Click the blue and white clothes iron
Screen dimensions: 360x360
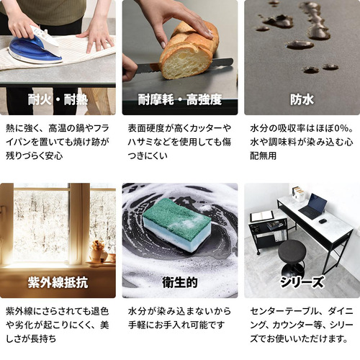(x=36, y=45)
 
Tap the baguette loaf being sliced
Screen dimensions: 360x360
(x=189, y=52)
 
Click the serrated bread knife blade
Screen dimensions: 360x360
(x=185, y=66)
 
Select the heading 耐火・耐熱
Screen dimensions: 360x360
(x=58, y=99)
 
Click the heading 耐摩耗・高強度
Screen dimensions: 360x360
(x=180, y=99)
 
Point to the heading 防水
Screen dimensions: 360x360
(x=302, y=99)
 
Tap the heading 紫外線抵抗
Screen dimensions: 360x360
(x=58, y=282)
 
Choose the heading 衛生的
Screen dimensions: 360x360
(x=180, y=282)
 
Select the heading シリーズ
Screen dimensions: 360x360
(x=302, y=282)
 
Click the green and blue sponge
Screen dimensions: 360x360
(x=177, y=225)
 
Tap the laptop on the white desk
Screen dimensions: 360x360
(x=313, y=207)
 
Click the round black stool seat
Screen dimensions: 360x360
(x=292, y=252)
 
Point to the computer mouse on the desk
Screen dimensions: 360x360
(x=323, y=221)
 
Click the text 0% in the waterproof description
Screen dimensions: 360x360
(x=342, y=128)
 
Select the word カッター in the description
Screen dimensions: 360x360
(x=206, y=128)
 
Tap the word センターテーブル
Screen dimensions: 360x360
(x=285, y=311)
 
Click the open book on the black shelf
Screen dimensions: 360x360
(x=262, y=216)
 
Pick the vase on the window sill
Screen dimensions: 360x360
(x=97, y=251)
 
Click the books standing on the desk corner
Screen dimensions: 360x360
(x=298, y=194)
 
